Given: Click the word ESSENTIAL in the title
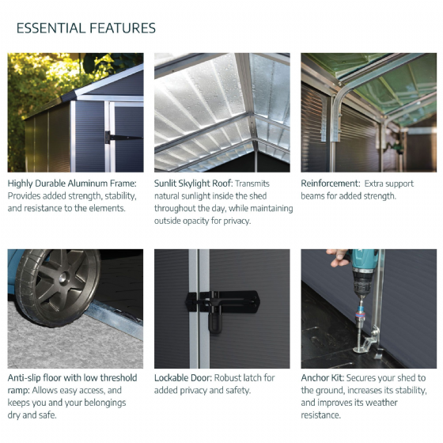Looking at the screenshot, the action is (51, 28).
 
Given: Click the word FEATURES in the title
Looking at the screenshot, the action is (123, 28).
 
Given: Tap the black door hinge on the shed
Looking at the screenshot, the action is (123, 138).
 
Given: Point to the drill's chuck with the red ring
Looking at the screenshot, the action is (361, 312).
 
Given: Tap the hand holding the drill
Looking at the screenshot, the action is (340, 257).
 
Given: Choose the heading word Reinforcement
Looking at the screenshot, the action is (331, 184).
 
